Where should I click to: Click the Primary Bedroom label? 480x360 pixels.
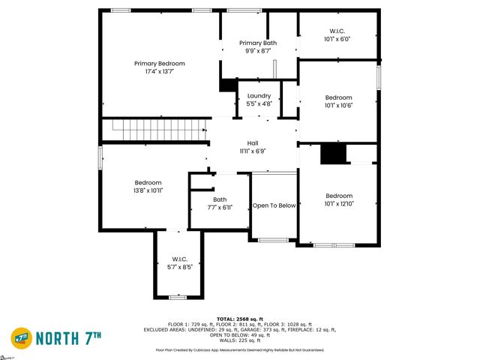[x=159, y=64]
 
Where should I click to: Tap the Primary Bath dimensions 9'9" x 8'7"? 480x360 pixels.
[x=258, y=52]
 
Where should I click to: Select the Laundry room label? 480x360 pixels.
[x=258, y=96]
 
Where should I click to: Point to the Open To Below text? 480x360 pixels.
[x=274, y=205]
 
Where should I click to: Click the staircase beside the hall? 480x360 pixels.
[x=154, y=128]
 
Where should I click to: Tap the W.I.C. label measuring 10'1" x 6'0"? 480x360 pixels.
[x=337, y=31]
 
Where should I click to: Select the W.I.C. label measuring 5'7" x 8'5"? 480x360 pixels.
[x=178, y=259]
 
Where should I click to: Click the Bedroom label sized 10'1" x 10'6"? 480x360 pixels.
[x=338, y=97]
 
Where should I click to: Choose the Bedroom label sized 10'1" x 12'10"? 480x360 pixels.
[x=338, y=196]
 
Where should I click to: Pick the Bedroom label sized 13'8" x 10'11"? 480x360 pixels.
[x=148, y=183]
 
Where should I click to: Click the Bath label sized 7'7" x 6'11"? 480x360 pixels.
[x=219, y=199]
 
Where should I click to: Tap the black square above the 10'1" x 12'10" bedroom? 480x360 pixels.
[x=333, y=153]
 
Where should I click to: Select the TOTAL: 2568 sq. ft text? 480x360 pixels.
[x=239, y=319]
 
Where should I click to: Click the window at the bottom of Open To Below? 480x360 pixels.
[x=274, y=239]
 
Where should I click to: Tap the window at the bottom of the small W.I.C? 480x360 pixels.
[x=178, y=297]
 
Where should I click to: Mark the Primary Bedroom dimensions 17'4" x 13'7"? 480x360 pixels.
[x=159, y=72]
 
